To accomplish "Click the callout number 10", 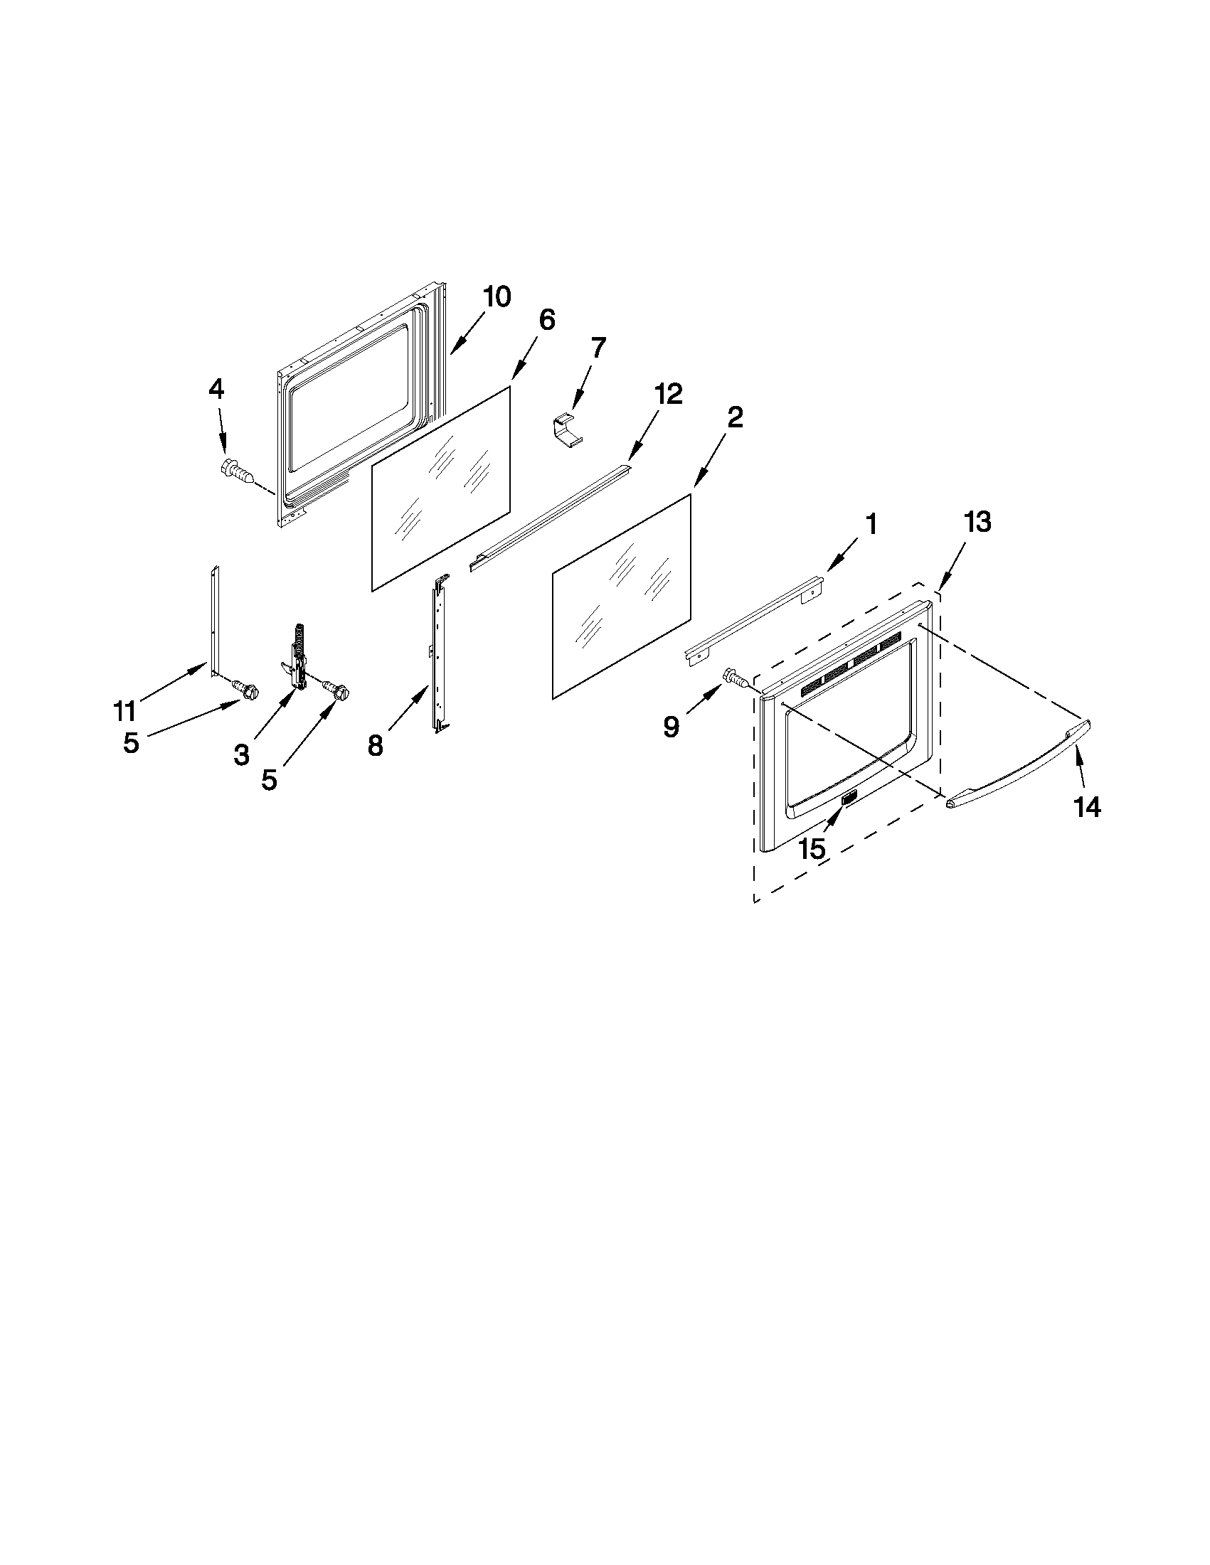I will coord(496,297).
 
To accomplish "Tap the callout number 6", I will coord(546,320).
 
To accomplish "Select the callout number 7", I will coord(598,348).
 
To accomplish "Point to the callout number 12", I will coord(668,394).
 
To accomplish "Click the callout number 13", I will coord(977,523).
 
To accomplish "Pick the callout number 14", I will coord(1087,808).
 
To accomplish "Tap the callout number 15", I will coord(812,849).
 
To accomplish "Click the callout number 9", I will coord(671,727).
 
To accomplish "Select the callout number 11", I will coord(124,712).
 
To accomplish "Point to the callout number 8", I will coord(376,746).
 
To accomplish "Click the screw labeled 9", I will coord(738,677).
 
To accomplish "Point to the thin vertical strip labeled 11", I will coord(214,620).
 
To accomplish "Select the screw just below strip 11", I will coord(245,689).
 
